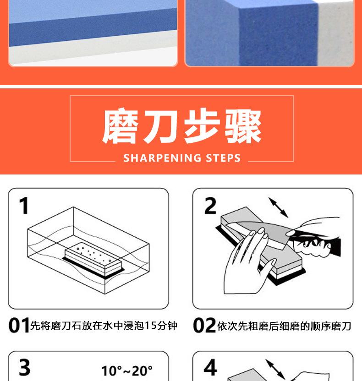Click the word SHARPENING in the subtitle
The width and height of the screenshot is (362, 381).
(162, 158)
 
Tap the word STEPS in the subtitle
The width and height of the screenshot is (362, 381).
(223, 158)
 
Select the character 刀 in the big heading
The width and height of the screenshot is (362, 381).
(161, 126)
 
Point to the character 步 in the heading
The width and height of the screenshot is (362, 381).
(201, 126)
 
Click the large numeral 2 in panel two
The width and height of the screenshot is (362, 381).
(210, 206)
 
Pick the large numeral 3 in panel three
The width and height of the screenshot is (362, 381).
(25, 367)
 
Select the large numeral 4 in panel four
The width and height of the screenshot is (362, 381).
(210, 367)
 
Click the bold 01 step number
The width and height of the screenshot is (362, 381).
(19, 325)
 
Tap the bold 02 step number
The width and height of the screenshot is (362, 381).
(204, 325)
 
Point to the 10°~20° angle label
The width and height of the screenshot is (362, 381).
(127, 371)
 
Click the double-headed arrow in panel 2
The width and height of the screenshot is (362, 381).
(278, 207)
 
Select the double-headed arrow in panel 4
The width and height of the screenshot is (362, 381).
(275, 369)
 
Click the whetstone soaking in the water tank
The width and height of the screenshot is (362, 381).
(93, 260)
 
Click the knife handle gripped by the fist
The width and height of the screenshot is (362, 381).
(316, 245)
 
